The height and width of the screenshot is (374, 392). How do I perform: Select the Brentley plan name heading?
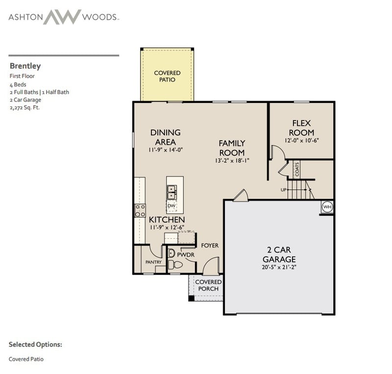pyautogui.click(x=24, y=66)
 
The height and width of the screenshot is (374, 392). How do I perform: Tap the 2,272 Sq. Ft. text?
pyautogui.click(x=24, y=107)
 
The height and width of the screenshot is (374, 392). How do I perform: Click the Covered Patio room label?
pyautogui.click(x=167, y=76)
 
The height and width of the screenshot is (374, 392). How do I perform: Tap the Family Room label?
pyautogui.click(x=232, y=148)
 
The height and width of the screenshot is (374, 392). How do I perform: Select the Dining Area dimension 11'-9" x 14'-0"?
pyautogui.click(x=166, y=150)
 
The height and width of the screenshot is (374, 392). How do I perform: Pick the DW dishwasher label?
pyautogui.click(x=171, y=206)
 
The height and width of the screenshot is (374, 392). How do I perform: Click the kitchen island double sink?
pyautogui.click(x=172, y=192)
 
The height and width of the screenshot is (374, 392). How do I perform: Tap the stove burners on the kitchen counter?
pyautogui.click(x=140, y=211)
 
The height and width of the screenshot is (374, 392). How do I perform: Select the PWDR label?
pyautogui.click(x=186, y=255)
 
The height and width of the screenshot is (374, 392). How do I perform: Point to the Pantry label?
pyautogui.click(x=153, y=262)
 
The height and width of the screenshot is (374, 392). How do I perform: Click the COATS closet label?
pyautogui.click(x=297, y=169)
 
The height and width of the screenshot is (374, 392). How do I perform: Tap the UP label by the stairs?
pyautogui.click(x=283, y=189)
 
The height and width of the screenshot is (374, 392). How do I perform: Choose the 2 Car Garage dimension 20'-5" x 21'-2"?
pyautogui.click(x=279, y=267)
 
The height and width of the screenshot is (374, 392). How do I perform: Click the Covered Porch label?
pyautogui.click(x=208, y=285)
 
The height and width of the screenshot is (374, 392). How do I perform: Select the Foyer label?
pyautogui.click(x=210, y=246)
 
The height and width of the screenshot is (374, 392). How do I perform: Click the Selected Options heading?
pyautogui.click(x=35, y=344)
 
